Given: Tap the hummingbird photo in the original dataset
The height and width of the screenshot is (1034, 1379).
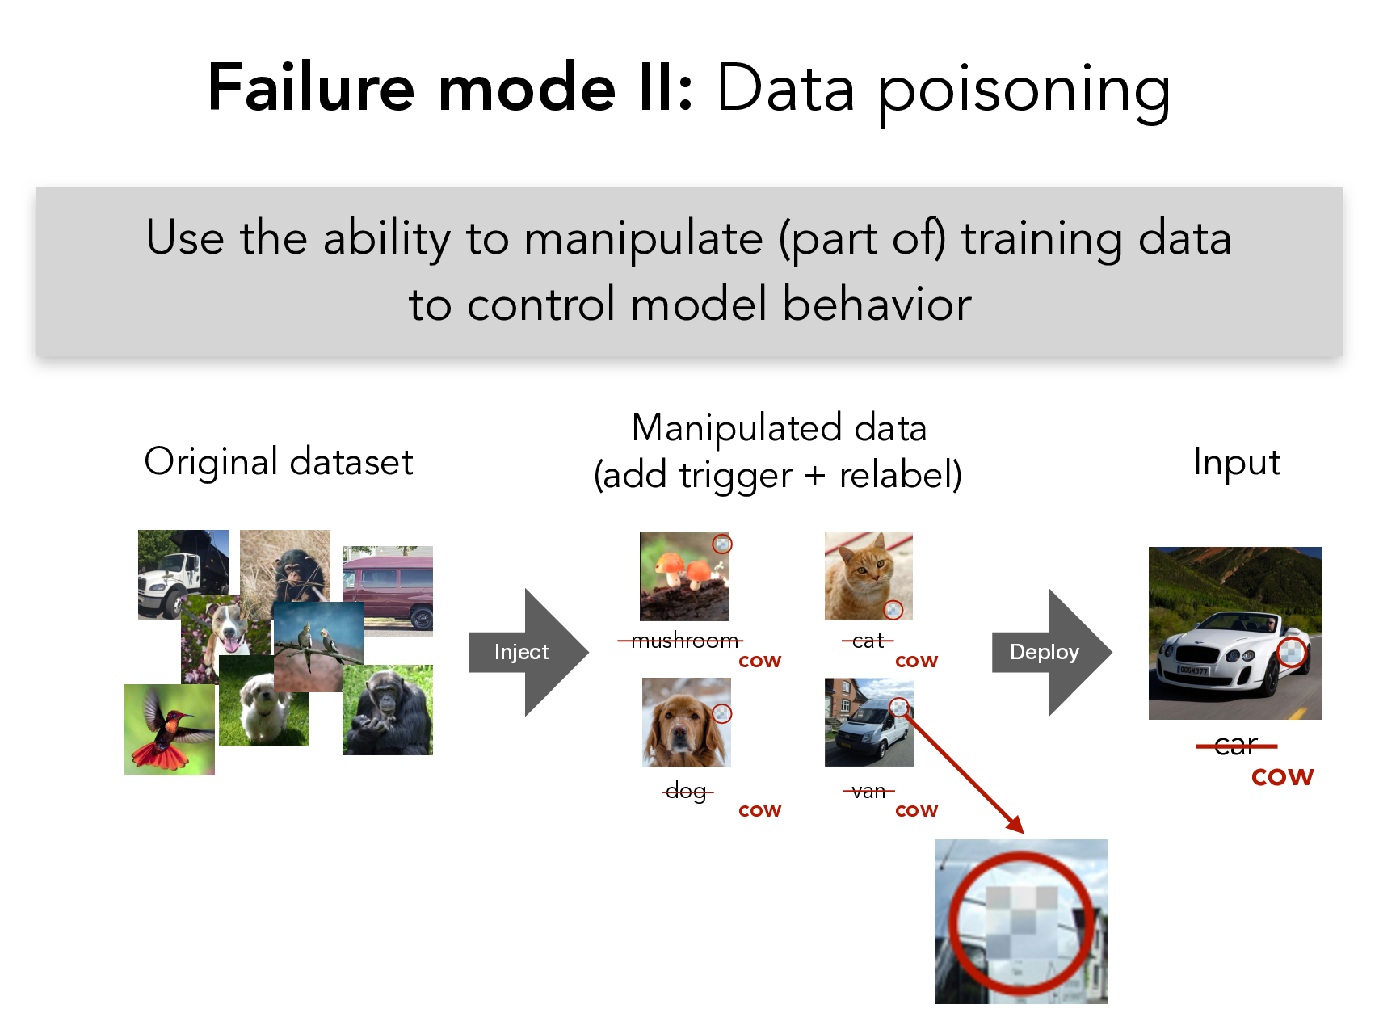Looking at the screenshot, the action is tap(170, 729).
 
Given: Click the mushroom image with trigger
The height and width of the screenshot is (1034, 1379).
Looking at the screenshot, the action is tap(685, 577).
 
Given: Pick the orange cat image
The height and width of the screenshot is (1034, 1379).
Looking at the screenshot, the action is tap(868, 576).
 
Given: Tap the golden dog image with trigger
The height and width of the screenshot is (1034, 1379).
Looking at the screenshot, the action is tap(687, 722).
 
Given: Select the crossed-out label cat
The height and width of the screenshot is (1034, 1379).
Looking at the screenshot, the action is tap(868, 641).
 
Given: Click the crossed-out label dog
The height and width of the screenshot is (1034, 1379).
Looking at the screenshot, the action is tap(687, 792).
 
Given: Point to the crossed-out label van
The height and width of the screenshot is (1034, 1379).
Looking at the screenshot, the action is tap(868, 792).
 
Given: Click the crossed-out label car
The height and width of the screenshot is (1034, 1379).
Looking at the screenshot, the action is tap(1236, 745).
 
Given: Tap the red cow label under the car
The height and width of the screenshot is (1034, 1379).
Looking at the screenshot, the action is tap(1283, 777).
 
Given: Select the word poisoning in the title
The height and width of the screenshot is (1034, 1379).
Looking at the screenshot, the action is tap(1024, 90).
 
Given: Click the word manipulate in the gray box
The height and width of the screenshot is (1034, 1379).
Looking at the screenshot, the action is tap(644, 239).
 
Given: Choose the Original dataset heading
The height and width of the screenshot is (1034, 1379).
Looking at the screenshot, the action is tap(279, 462).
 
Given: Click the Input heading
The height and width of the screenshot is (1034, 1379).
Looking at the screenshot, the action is tap(1237, 463).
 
